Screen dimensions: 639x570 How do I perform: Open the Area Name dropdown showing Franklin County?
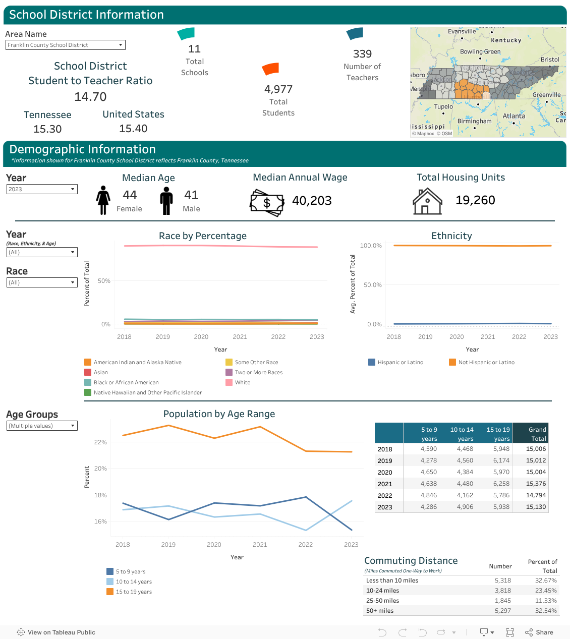pos(65,45)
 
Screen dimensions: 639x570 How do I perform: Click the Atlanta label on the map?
pos(514,116)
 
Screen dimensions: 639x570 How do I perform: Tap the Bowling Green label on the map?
pos(480,51)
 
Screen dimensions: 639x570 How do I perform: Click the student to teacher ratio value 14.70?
pos(90,96)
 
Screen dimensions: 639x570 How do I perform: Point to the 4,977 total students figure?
pos(278,89)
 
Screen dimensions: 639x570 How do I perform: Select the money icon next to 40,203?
pos(267,202)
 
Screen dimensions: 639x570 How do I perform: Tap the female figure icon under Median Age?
pos(103,200)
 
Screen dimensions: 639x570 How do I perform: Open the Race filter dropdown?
pos(42,282)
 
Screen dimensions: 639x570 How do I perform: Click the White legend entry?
pos(242,382)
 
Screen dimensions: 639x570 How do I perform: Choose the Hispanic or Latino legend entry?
pos(400,362)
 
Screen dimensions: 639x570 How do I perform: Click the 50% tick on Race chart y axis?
pos(104,281)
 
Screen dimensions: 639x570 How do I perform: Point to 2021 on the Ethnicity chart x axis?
pos(487,337)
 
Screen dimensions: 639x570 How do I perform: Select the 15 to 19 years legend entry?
pos(133,592)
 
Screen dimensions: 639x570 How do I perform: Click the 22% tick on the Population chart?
pos(100,442)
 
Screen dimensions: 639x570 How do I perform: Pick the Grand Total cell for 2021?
pos(536,484)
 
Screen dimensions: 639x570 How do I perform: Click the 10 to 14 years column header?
pos(462,434)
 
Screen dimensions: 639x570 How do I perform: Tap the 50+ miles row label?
pos(380,611)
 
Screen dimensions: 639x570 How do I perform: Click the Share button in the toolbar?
pos(539,632)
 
